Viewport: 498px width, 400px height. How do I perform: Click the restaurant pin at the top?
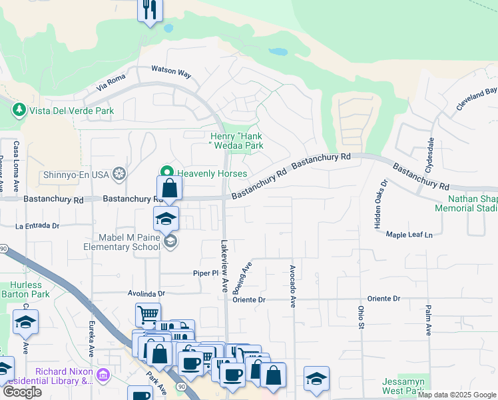pyautogui.click(x=150, y=10)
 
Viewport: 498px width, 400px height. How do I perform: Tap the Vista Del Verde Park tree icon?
pyautogui.click(x=20, y=110)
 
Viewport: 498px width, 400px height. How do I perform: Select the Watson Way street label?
pyautogui.click(x=170, y=69)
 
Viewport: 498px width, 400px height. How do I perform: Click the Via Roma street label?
pyautogui.click(x=111, y=84)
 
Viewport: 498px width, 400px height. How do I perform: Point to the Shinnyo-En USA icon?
pyautogui.click(x=119, y=174)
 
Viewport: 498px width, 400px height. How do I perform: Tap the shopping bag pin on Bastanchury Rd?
pyautogui.click(x=170, y=189)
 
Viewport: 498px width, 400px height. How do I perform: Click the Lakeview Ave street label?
pyautogui.click(x=224, y=265)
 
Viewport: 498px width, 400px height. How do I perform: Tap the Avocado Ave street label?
pyautogui.click(x=292, y=286)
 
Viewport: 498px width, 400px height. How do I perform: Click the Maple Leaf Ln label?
pyautogui.click(x=409, y=235)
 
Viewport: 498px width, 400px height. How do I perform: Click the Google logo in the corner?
pyautogui.click(x=22, y=392)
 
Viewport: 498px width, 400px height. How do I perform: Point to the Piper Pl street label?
pyautogui.click(x=206, y=273)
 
